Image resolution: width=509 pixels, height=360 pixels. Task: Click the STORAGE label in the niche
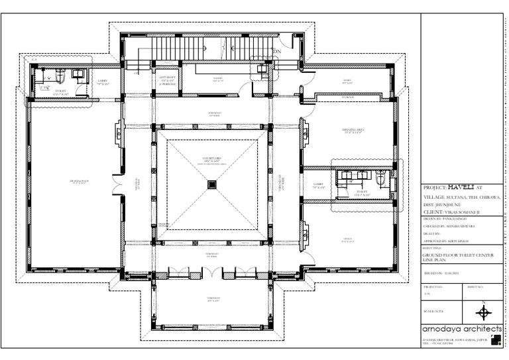pyautogui.click(x=347, y=97)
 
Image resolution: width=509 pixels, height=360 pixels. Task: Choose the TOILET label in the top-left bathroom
pyautogui.click(x=61, y=91)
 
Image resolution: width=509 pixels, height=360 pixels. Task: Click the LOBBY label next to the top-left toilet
pyautogui.click(x=103, y=82)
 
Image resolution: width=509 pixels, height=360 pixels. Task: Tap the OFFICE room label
pyautogui.click(x=347, y=240)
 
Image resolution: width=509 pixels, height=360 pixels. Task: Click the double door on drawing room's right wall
pyautogui.click(x=118, y=185)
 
